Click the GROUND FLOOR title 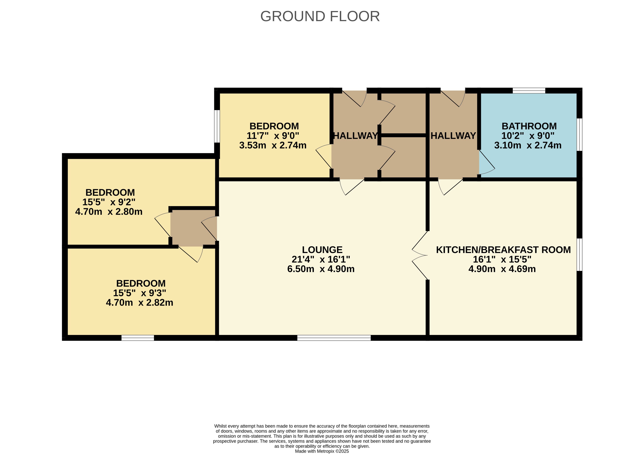(320, 16)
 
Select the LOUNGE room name (322, 250)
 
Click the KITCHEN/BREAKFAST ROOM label (503, 250)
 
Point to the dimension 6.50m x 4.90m (321, 269)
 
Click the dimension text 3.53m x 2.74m (273, 145)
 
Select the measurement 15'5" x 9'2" (109, 202)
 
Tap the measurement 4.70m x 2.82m (139, 302)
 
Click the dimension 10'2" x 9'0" (528, 136)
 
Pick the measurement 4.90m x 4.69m (502, 269)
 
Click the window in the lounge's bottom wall (334, 338)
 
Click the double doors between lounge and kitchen (420, 255)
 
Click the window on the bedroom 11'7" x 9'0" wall (217, 126)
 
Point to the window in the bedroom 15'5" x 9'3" (138, 338)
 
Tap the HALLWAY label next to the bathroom (453, 136)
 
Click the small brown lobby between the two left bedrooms (194, 228)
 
